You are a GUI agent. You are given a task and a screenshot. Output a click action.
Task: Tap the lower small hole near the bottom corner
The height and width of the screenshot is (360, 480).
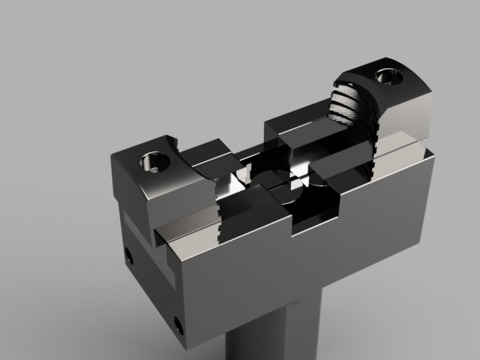178,324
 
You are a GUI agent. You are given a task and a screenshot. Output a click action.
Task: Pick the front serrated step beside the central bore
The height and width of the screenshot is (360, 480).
244,204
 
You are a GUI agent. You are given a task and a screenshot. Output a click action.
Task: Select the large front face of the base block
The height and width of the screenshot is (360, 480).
300,270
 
